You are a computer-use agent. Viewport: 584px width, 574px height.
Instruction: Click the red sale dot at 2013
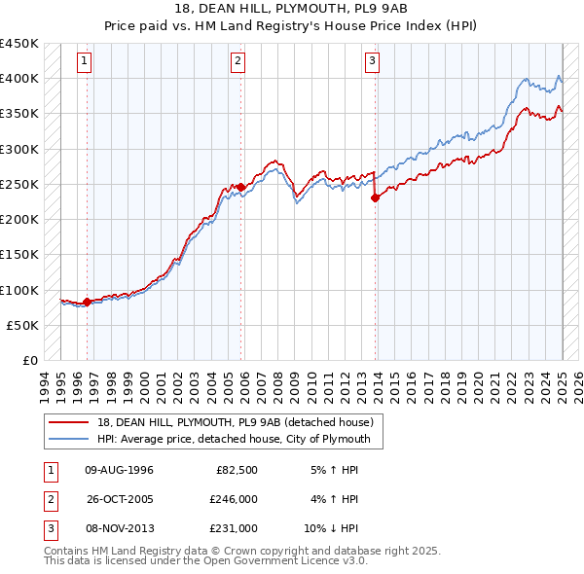click(376, 197)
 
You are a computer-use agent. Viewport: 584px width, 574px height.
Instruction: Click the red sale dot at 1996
click(87, 302)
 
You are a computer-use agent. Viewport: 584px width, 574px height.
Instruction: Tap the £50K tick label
click(24, 325)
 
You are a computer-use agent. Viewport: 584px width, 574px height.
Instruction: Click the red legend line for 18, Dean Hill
click(68, 422)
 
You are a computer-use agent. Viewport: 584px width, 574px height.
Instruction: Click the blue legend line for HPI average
click(68, 439)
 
